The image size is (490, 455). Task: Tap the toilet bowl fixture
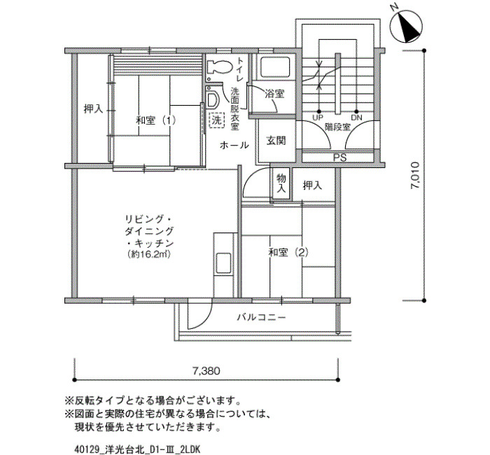[x=218, y=67]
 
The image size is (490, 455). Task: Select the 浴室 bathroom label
[x=274, y=93]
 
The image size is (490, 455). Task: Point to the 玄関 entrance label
[x=276, y=141]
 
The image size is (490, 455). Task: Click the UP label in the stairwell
[x=318, y=118]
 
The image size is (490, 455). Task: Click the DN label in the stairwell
[x=356, y=118]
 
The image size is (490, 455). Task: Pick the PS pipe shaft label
[x=339, y=157]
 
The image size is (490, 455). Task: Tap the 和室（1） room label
[x=155, y=120]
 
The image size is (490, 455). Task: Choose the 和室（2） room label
[x=288, y=252]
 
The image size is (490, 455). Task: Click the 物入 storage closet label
[x=281, y=183]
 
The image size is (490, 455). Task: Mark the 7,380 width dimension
[x=206, y=371]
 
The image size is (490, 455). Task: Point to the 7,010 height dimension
[x=415, y=175]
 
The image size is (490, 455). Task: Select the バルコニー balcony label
[x=261, y=318]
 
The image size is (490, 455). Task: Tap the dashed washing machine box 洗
[x=217, y=120]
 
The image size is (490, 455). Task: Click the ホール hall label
[x=234, y=146]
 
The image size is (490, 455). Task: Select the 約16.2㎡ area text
[x=148, y=254]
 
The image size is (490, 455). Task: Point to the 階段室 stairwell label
[x=337, y=127]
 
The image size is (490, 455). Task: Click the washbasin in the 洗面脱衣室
[x=212, y=99]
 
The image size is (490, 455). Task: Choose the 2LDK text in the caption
[x=190, y=449]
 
